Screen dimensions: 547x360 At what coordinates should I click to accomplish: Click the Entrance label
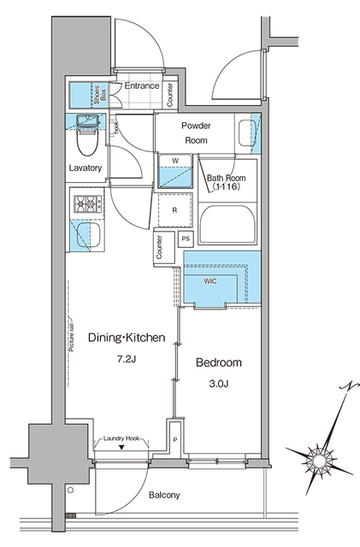(x=142, y=86)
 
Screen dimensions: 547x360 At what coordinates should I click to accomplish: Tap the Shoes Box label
(x=99, y=92)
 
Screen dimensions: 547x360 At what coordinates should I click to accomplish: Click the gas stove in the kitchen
(x=86, y=204)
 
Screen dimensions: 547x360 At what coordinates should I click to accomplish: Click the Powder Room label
(x=195, y=132)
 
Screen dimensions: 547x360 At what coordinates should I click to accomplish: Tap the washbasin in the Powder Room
(x=246, y=132)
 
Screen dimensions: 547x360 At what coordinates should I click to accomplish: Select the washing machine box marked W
(x=175, y=171)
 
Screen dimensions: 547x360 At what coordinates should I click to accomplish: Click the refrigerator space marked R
(x=174, y=209)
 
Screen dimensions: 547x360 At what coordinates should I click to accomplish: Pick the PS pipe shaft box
(x=186, y=238)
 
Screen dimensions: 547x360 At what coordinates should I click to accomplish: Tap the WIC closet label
(x=210, y=280)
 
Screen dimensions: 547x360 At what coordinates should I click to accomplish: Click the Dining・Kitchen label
(x=126, y=338)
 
